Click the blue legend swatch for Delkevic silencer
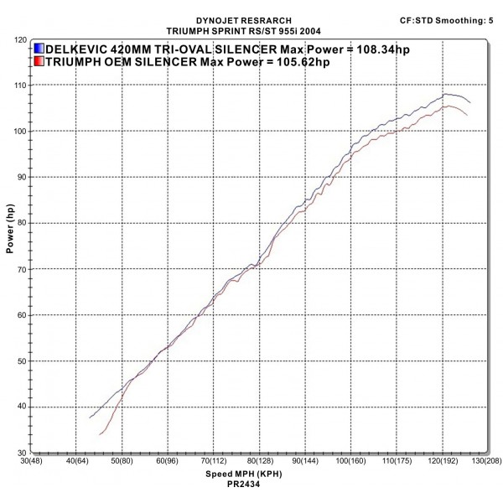pos(39,49)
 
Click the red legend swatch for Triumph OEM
pos(39,61)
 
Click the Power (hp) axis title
pos(9,231)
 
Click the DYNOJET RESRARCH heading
pos(245,18)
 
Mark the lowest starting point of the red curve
pos(100,434)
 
